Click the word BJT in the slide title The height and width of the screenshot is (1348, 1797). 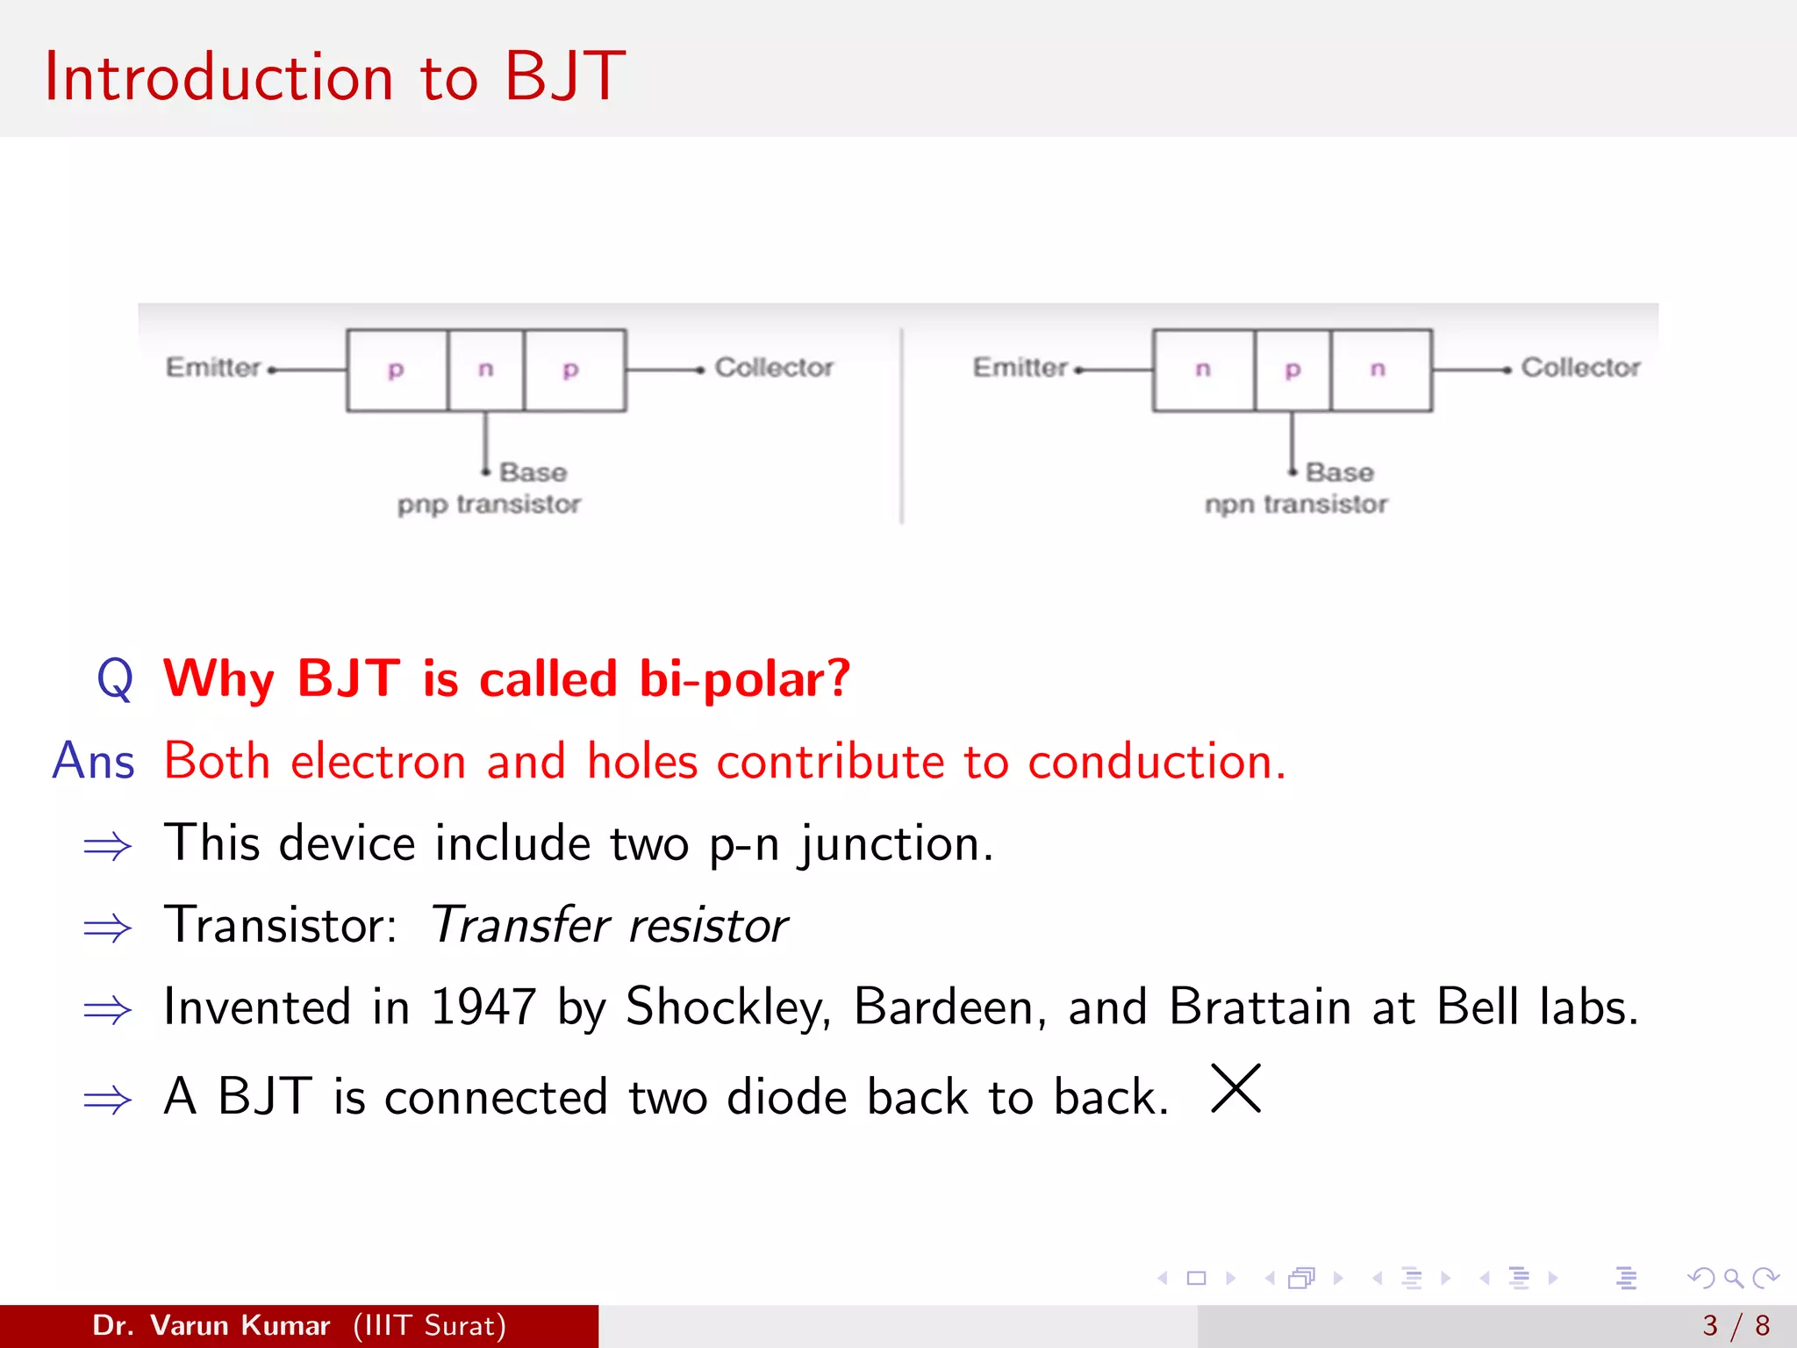(564, 77)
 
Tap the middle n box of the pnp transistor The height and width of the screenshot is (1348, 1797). (485, 369)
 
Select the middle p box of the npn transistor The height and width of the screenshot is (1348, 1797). (1292, 369)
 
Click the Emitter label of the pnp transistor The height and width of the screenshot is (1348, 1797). (213, 367)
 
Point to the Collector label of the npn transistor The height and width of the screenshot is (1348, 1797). (1579, 367)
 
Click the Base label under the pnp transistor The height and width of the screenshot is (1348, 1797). (533, 472)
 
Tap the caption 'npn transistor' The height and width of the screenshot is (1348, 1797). (1296, 505)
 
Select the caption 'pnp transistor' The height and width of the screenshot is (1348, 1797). (489, 505)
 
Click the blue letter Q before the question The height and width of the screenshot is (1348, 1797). (115, 679)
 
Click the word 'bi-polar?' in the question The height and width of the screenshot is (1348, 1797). (744, 679)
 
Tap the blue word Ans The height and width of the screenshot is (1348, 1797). (93, 761)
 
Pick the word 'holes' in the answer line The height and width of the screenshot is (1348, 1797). (641, 761)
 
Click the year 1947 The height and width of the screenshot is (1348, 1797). (483, 1007)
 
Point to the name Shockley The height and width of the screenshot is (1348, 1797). (727, 1007)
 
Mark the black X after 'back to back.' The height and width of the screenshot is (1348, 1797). (1235, 1088)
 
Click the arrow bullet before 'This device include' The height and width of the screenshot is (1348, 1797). (107, 846)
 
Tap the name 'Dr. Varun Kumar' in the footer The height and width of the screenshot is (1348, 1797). (211, 1325)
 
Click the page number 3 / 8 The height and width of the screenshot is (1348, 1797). (1736, 1325)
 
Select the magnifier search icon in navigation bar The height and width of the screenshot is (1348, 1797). (1733, 1278)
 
